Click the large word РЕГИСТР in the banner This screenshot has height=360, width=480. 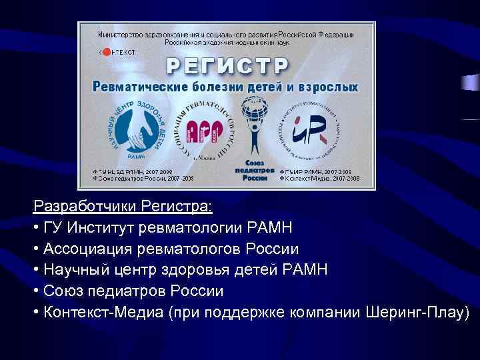coord(227,65)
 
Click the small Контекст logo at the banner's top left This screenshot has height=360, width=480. coord(117,51)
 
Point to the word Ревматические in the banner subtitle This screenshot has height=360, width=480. coord(138,87)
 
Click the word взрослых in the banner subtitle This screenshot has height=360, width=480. coord(329,87)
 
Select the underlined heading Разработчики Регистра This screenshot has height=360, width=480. coord(123,207)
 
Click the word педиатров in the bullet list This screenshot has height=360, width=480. coord(129,291)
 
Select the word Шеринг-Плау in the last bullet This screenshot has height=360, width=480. coord(413,312)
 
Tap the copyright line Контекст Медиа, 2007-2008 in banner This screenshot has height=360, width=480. coord(323,179)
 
